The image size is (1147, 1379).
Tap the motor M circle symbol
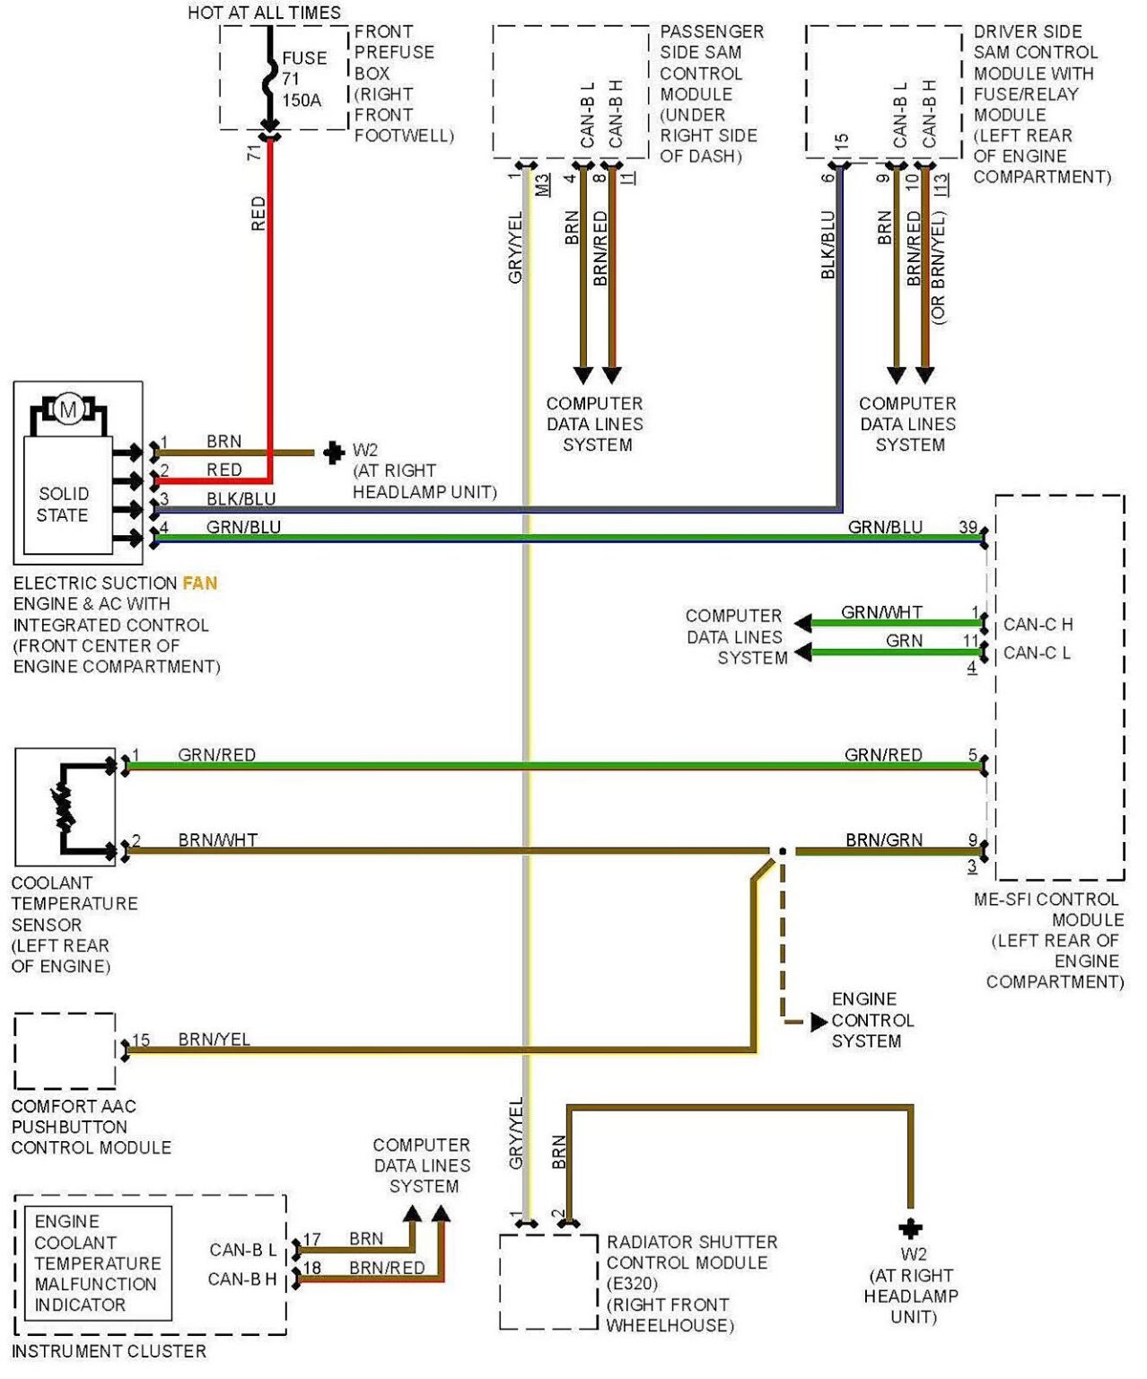point(68,409)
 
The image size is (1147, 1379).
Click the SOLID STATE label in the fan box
point(63,505)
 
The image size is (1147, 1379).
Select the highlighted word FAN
point(199,584)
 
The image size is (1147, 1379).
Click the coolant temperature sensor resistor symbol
point(65,807)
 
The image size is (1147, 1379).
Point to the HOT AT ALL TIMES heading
point(264,13)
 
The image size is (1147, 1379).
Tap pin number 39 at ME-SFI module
point(968,527)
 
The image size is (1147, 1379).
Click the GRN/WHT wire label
point(881,612)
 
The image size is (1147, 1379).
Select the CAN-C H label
point(1038,624)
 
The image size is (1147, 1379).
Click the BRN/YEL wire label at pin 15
point(214,1040)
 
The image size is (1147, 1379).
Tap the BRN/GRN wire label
point(883,840)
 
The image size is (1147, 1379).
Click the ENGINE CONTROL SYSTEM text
point(871,1020)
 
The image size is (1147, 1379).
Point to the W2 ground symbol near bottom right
point(910,1228)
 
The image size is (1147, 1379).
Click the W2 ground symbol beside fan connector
point(333,452)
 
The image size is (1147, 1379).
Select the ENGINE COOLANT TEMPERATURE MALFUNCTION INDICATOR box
point(97,1263)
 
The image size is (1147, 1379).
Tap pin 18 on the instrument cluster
point(311,1268)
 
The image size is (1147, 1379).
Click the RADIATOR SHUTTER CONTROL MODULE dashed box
point(548,1281)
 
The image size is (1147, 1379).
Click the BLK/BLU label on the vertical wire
point(827,245)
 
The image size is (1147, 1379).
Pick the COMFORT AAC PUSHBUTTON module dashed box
point(65,1050)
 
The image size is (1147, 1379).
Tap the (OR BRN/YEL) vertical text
point(939,268)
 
